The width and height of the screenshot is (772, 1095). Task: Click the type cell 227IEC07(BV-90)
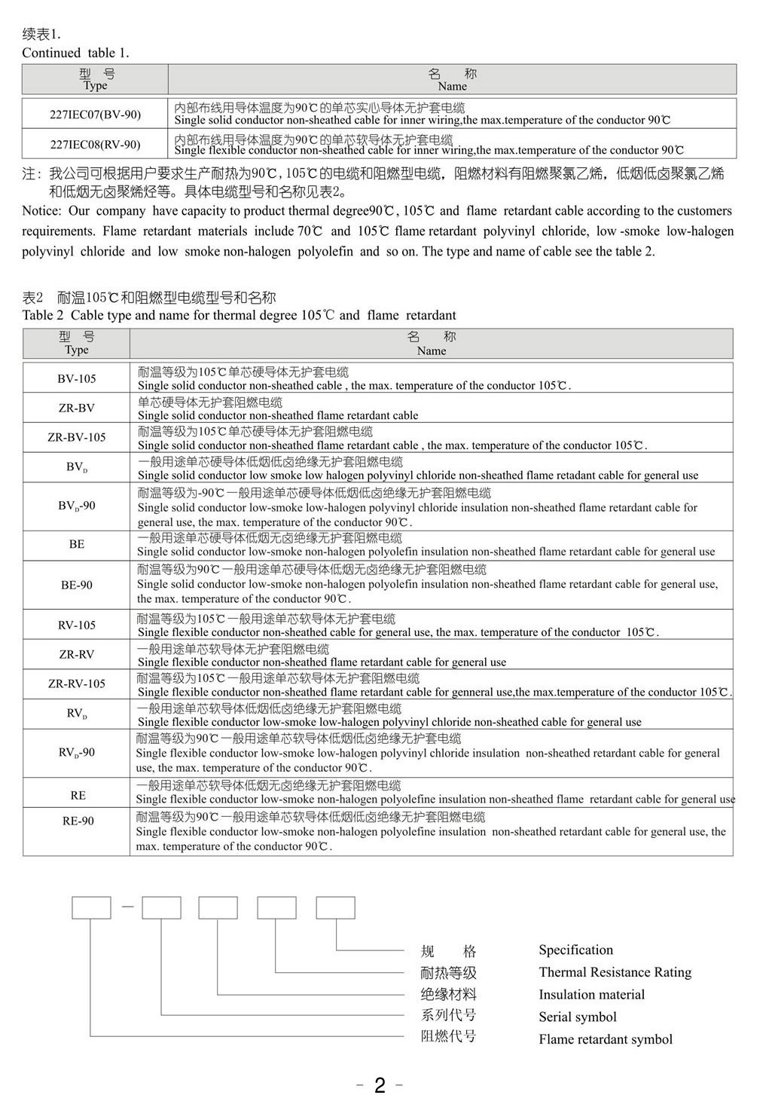point(95,115)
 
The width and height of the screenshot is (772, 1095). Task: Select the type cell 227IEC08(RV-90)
point(95,145)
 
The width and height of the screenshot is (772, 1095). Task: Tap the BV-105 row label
point(77,378)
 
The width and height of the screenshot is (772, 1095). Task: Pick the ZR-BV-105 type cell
point(77,437)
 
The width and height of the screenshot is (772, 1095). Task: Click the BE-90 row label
point(77,585)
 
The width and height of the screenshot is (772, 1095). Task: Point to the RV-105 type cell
point(77,625)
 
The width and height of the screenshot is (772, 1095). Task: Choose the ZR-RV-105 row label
point(77,684)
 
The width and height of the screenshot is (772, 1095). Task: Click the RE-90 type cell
point(78,821)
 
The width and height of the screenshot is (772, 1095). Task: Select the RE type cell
point(78,795)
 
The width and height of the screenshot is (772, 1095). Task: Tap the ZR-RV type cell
point(77,654)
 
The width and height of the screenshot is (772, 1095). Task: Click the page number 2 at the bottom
point(380,1084)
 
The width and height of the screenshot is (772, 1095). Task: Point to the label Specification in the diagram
point(575,950)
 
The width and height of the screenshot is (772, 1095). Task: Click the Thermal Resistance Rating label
point(615,972)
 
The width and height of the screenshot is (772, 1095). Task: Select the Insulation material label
point(591,995)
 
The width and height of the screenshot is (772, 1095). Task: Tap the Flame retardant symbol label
point(605,1039)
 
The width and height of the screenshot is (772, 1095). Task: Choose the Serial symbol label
point(577,1017)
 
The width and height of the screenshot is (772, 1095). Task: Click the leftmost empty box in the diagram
point(91,907)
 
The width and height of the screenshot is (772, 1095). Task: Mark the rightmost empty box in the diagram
point(335,907)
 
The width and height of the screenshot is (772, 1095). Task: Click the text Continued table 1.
point(75,53)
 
